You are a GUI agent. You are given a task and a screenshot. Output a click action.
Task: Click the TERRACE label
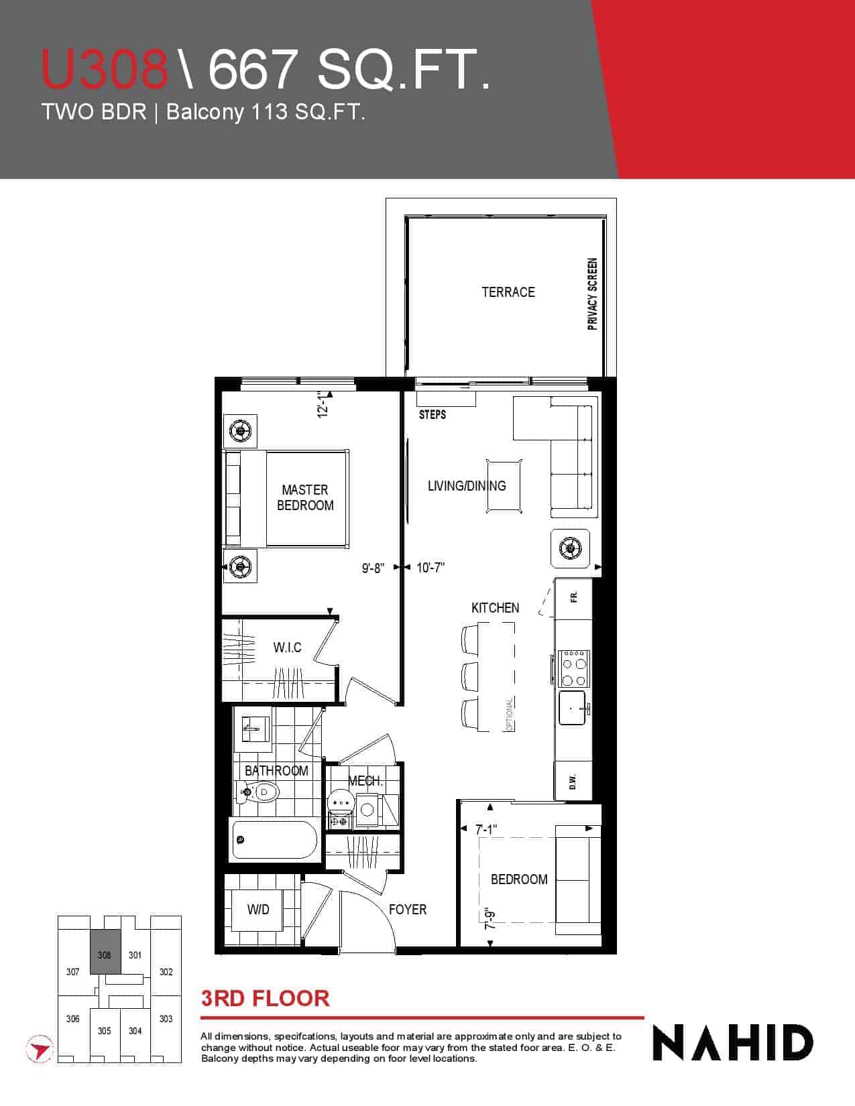[x=508, y=292]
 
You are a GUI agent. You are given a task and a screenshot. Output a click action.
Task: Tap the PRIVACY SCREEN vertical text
[x=592, y=294]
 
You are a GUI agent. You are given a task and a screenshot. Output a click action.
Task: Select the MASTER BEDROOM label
[x=305, y=497]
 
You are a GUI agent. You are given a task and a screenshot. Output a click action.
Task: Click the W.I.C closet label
[x=287, y=648]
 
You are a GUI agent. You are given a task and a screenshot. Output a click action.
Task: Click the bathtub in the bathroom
[x=275, y=839]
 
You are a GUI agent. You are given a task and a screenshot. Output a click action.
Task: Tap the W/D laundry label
[x=258, y=910]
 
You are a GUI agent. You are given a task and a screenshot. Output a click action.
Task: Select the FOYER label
[x=408, y=909]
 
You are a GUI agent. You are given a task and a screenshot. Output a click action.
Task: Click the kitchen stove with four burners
[x=575, y=668]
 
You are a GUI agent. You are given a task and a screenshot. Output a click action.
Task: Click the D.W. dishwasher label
[x=573, y=782]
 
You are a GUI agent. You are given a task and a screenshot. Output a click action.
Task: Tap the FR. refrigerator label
[x=574, y=597]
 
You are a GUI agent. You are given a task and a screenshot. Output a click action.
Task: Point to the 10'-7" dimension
[x=431, y=567]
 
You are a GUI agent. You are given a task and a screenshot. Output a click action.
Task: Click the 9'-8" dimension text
[x=374, y=568]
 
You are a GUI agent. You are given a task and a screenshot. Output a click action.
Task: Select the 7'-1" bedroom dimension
[x=486, y=830]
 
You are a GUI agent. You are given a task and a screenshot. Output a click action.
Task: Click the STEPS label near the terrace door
[x=433, y=415]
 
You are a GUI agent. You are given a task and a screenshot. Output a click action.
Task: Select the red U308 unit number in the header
[x=105, y=69]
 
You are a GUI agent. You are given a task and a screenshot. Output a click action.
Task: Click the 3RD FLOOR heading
[x=266, y=999]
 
